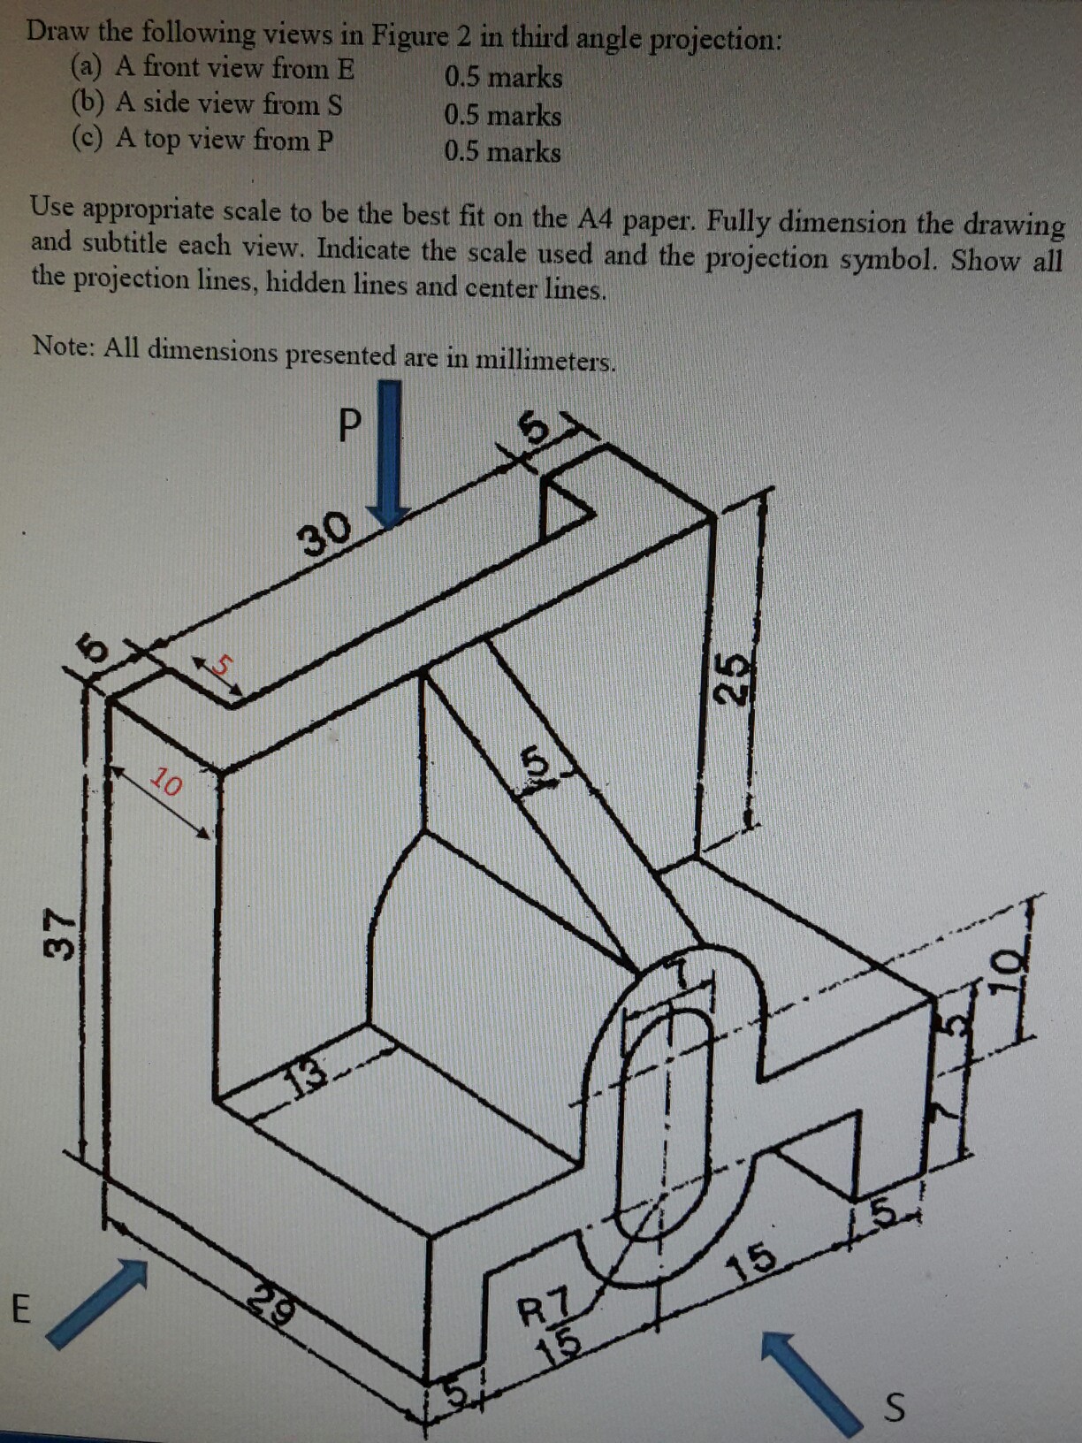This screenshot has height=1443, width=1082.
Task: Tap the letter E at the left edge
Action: pyautogui.click(x=21, y=1308)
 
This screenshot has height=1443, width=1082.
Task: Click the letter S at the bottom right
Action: pyautogui.click(x=895, y=1407)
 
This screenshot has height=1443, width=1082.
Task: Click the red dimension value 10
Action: pyautogui.click(x=166, y=782)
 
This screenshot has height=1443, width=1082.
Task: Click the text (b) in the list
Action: pyautogui.click(x=88, y=103)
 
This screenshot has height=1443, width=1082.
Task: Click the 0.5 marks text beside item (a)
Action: pyautogui.click(x=503, y=78)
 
